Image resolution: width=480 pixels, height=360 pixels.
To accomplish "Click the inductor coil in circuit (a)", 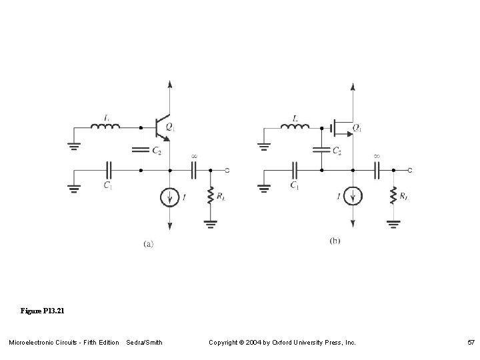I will point(106,127).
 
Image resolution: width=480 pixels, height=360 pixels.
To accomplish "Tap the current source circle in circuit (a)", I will point(171,197).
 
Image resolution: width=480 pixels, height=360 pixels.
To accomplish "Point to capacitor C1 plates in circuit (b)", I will point(294,170).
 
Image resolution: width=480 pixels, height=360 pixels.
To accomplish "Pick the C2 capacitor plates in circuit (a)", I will point(141,149).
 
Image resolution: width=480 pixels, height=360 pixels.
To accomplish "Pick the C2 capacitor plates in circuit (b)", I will point(321,149).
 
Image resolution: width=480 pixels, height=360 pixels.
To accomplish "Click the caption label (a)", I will point(148,244).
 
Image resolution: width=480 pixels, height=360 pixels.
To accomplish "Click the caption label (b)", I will point(335,241).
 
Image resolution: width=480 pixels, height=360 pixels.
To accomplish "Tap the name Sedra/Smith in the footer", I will point(144,343).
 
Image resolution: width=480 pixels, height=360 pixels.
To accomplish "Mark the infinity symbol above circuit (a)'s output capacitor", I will point(194,157).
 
